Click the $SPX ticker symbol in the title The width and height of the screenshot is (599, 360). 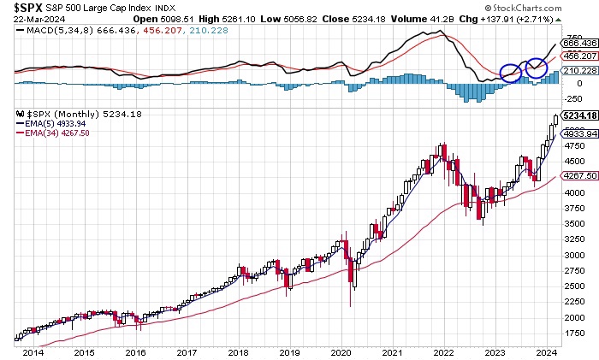click(18, 8)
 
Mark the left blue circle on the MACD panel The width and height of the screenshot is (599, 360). click(511, 74)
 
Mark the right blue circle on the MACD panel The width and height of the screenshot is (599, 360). click(537, 67)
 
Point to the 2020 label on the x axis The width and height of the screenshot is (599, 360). click(341, 352)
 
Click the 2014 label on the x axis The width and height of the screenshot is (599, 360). click(34, 352)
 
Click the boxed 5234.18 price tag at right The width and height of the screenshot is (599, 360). click(578, 115)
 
